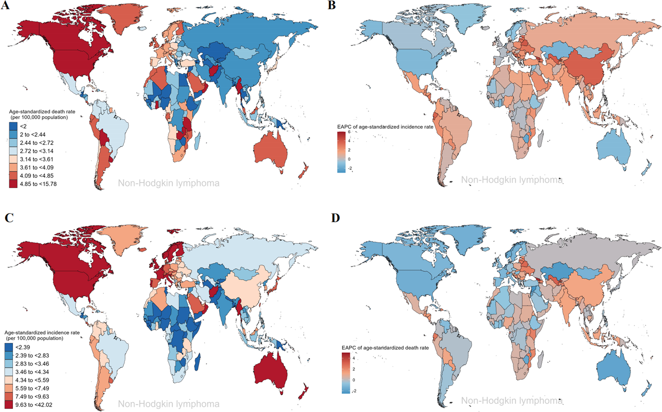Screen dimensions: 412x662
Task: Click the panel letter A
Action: [5, 5]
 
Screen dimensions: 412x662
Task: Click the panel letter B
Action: [332, 5]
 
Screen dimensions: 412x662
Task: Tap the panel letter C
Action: [9, 218]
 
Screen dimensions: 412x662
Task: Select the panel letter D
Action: [335, 218]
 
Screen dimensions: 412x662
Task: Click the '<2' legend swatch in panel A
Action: [13, 126]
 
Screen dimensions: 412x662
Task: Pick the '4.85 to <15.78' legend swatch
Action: [13, 184]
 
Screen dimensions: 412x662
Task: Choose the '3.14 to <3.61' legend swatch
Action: [13, 159]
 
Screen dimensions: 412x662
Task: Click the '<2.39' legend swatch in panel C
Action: [9, 347]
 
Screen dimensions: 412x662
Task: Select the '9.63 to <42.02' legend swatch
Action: [9, 405]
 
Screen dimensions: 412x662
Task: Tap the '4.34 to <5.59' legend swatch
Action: [9, 380]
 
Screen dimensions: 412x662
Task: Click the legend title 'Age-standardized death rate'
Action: [42, 112]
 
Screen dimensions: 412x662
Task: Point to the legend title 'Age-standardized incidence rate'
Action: [42, 333]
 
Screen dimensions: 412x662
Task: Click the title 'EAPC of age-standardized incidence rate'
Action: [385, 127]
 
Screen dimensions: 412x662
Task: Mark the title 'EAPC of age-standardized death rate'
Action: [385, 348]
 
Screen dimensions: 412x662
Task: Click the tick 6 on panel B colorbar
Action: [349, 132]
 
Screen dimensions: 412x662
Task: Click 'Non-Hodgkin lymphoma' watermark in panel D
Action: [512, 401]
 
